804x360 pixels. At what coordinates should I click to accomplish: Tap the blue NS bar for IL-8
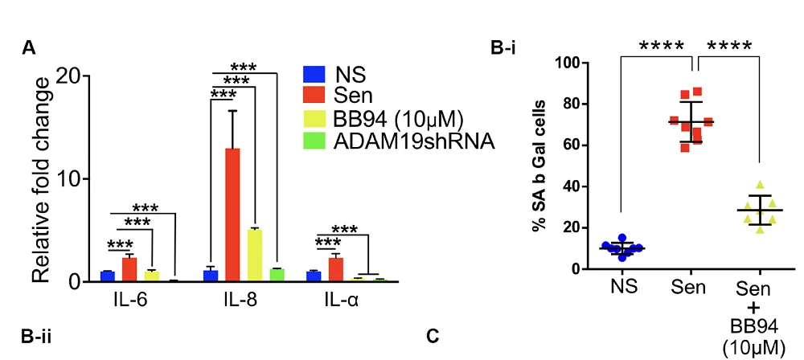click(211, 276)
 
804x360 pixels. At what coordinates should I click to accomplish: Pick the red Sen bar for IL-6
click(129, 269)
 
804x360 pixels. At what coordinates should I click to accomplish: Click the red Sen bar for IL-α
click(336, 269)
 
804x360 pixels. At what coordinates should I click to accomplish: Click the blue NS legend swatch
click(314, 76)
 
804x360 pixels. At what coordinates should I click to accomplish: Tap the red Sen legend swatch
click(314, 97)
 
